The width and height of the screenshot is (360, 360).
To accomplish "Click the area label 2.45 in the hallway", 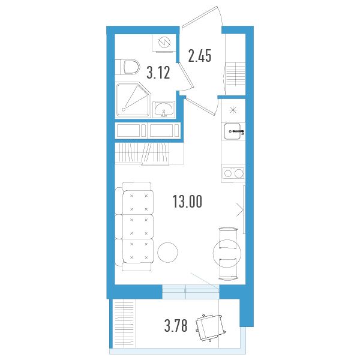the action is (200, 56).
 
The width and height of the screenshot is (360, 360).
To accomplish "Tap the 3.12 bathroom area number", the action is (158, 73).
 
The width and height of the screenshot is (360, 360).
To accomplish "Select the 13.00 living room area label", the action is (187, 202).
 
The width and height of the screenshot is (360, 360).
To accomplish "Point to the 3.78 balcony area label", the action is (176, 326).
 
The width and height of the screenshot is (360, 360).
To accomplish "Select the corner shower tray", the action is (133, 101).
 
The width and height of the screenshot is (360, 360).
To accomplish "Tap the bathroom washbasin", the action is (164, 109).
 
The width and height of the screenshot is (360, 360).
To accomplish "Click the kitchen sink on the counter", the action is (233, 131).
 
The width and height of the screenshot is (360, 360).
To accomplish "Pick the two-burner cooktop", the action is (233, 173).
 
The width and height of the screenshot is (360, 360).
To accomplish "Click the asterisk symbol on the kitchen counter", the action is (233, 110).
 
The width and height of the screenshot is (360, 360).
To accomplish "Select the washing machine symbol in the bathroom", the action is (164, 43).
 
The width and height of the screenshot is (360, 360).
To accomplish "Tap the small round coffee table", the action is (167, 253).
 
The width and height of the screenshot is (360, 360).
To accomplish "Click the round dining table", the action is (227, 253).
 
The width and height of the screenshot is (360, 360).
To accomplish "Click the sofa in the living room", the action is (134, 226).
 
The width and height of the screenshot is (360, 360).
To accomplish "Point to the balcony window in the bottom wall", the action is (191, 292).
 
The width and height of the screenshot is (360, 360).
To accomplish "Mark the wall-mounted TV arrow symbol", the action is (240, 209).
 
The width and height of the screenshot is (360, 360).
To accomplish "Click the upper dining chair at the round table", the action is (228, 238).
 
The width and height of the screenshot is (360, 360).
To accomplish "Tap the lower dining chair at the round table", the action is (229, 269).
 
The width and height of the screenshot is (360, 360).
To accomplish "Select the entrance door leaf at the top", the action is (199, 17).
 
